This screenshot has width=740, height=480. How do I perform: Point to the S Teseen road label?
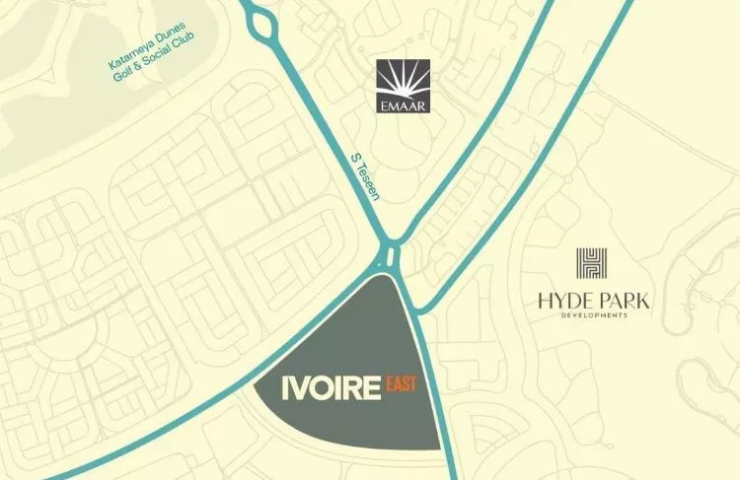coord(366,178)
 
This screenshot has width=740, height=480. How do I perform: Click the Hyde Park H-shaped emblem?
coord(592,263)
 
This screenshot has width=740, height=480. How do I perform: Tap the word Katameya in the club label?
coord(128,60)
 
